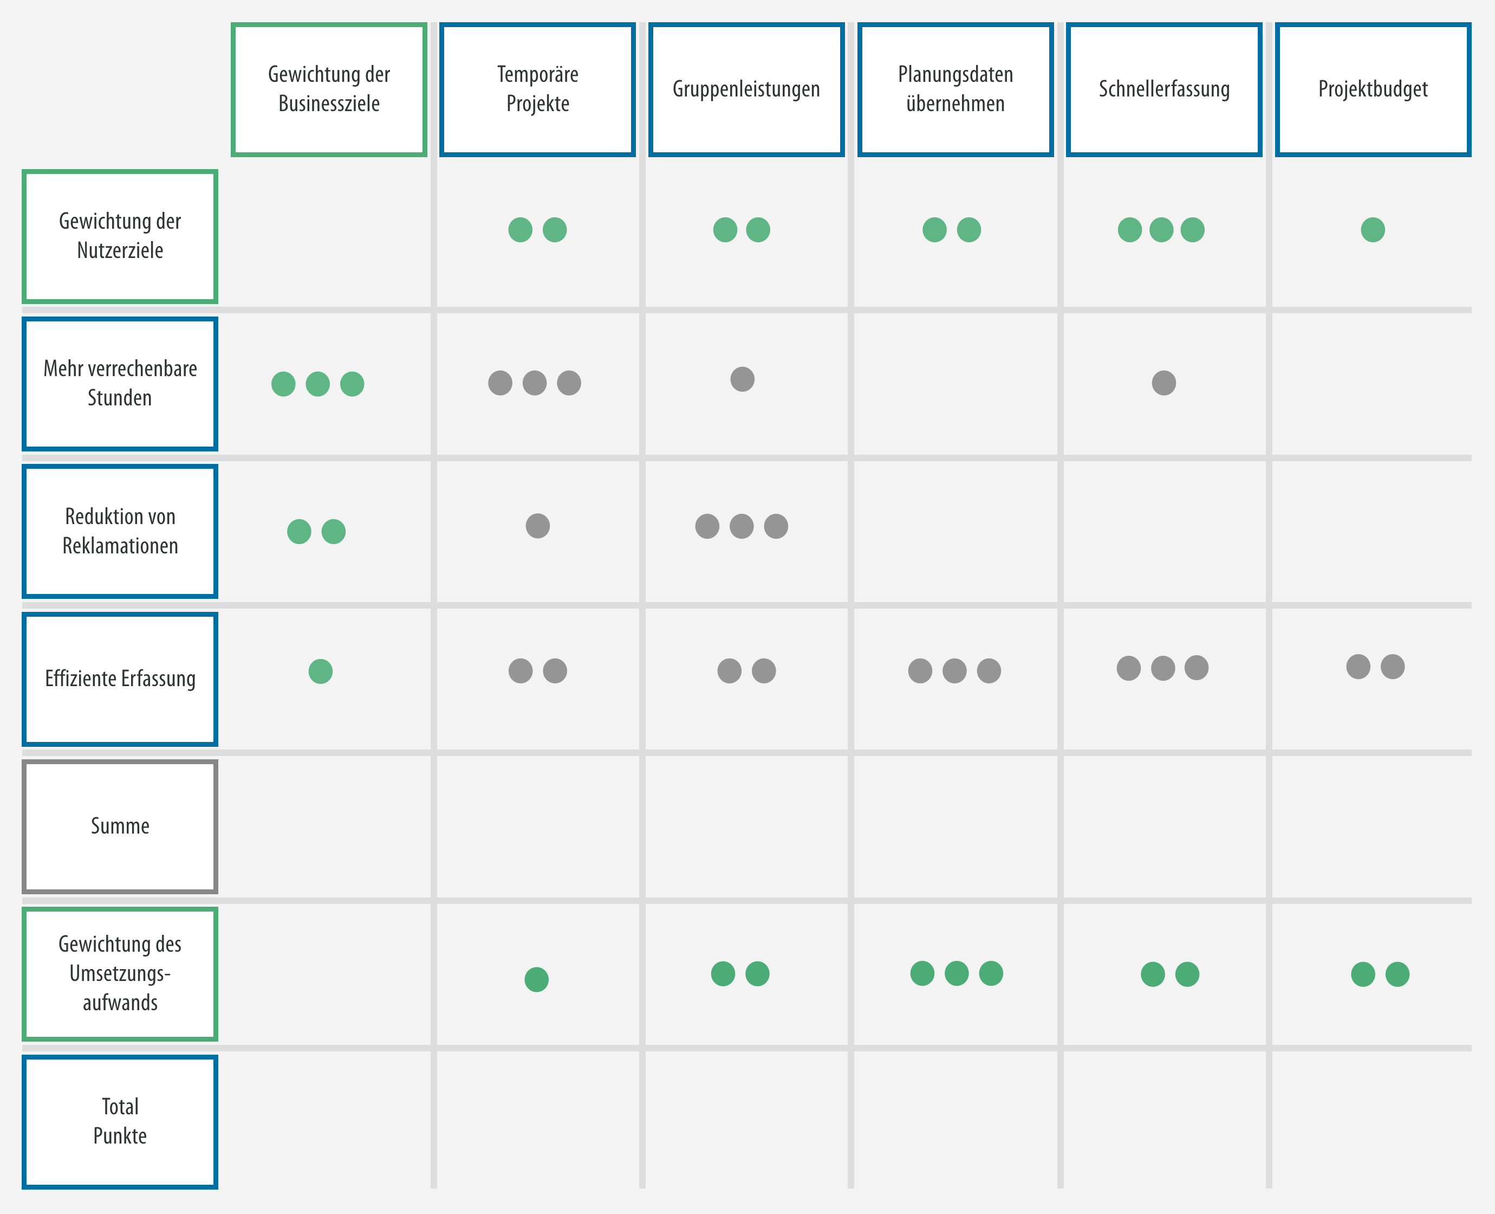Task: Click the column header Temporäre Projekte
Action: [x=537, y=89]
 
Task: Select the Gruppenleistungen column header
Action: [x=746, y=89]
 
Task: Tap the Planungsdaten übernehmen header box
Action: [x=955, y=89]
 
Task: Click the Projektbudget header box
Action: [x=1373, y=89]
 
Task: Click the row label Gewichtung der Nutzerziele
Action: [x=120, y=236]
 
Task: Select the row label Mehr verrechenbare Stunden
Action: [x=120, y=384]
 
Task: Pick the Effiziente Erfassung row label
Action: [x=120, y=679]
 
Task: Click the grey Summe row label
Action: [x=120, y=826]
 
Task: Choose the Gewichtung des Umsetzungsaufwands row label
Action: [x=120, y=974]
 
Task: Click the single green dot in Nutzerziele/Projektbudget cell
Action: [x=1373, y=229]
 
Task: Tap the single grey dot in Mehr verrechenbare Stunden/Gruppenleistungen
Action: [x=742, y=379]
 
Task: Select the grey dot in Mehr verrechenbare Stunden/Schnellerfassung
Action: [x=1163, y=383]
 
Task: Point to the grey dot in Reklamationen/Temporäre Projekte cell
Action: [x=537, y=526]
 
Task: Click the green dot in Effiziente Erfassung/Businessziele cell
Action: [x=321, y=671]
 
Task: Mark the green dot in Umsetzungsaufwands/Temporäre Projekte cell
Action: [x=537, y=979]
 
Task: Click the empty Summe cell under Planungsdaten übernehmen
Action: [x=955, y=826]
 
